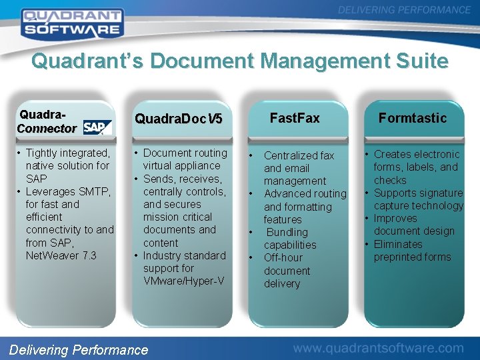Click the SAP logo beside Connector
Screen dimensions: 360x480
[97, 127]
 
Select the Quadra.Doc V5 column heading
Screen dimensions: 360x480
[178, 119]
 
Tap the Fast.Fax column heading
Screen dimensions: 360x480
[294, 118]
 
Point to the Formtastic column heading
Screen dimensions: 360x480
[413, 118]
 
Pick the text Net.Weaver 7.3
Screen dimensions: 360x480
[61, 255]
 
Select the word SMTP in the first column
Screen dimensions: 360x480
[97, 191]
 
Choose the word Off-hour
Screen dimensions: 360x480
[283, 257]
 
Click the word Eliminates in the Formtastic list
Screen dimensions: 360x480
[398, 244]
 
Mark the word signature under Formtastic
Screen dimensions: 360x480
[439, 193]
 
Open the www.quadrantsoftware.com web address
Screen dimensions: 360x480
[378, 347]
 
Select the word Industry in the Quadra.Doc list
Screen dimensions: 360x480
[164, 255]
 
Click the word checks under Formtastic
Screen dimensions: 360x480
[390, 180]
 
